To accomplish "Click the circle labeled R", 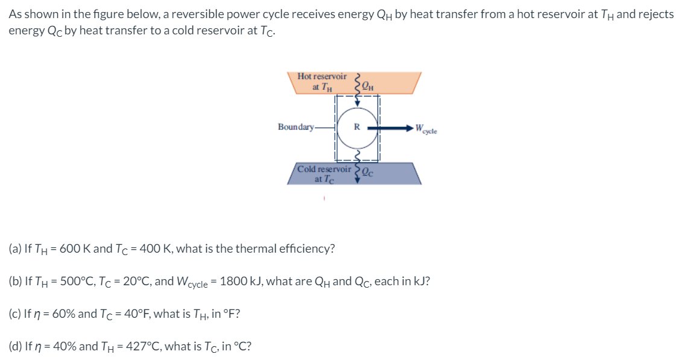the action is pos(356,128).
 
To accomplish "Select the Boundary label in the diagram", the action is pos(296,127).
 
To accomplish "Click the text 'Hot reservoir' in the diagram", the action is pos(322,77).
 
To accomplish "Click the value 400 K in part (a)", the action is pos(145,248).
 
